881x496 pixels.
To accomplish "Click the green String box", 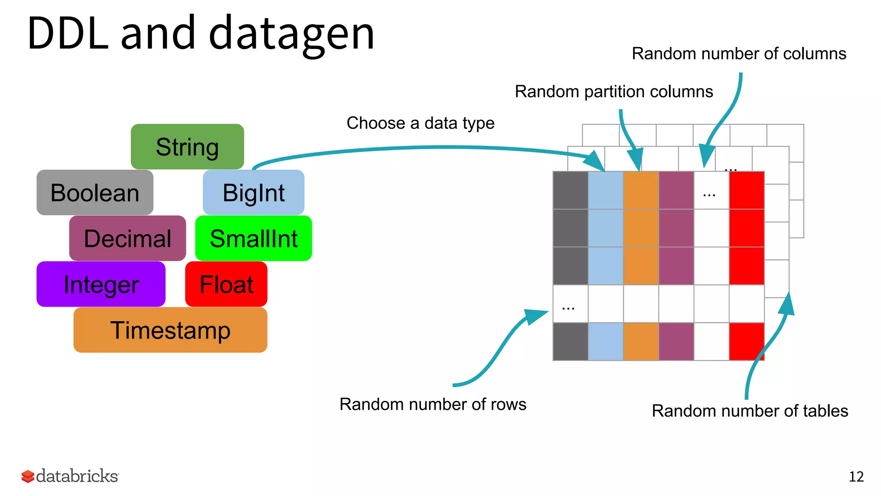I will (x=187, y=147).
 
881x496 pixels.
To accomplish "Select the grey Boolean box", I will (x=95, y=192).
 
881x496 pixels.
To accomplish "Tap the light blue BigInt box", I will (x=253, y=192).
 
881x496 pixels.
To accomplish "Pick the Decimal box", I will (x=127, y=238).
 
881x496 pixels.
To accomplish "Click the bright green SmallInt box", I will (x=253, y=238).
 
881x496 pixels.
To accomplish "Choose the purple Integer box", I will (x=101, y=284).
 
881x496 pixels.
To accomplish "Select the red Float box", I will (x=226, y=284).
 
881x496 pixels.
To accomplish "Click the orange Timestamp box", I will (x=170, y=330).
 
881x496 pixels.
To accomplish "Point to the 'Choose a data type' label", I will (x=420, y=123).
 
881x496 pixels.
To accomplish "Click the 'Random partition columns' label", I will (x=614, y=92).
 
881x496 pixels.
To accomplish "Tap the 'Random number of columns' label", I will (x=739, y=54).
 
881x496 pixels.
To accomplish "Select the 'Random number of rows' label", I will (x=433, y=404).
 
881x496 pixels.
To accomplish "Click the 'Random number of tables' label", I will (x=750, y=411).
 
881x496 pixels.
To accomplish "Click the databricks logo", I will (x=70, y=476).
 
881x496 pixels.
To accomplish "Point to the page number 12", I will (x=856, y=477).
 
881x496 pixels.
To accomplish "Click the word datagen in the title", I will (x=292, y=34).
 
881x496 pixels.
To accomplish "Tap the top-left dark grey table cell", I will (x=570, y=190).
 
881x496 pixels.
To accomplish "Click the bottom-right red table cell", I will (x=746, y=341).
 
